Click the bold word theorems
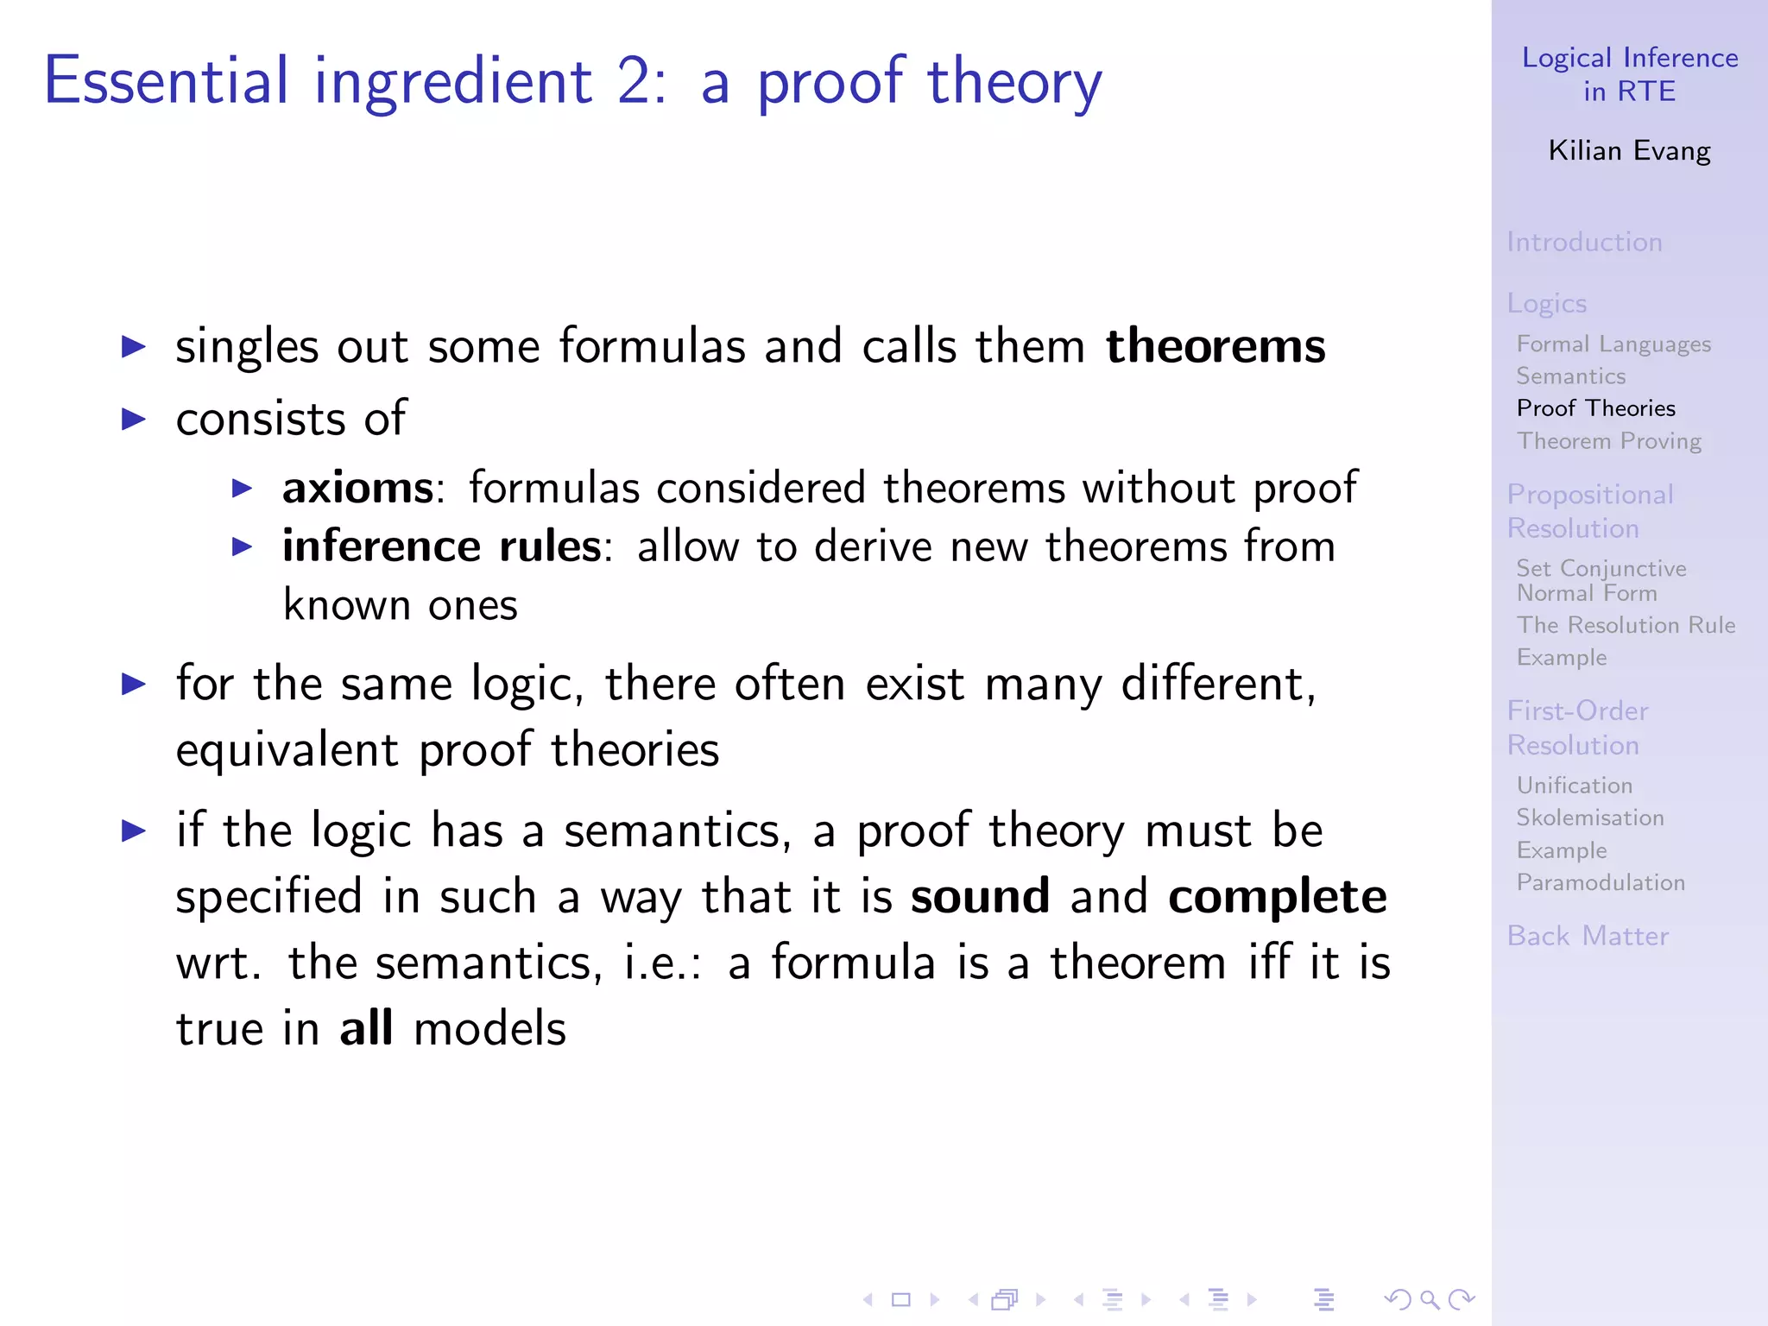[x=1215, y=347]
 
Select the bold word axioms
[x=357, y=489]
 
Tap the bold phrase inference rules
[x=441, y=547]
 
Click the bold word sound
[x=980, y=897]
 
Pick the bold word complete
[x=1277, y=897]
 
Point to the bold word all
[x=366, y=1029]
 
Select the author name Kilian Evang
[x=1629, y=151]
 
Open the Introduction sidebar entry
[x=1584, y=243]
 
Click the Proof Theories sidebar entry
[x=1595, y=408]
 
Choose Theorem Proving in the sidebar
[x=1609, y=441]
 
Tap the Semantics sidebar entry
[x=1571, y=376]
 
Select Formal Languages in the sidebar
[x=1613, y=344]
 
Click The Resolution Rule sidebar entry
[x=1626, y=625]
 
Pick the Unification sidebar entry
[x=1575, y=786]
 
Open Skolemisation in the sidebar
[x=1590, y=818]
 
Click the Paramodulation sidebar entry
[x=1601, y=882]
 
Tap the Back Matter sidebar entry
[x=1588, y=937]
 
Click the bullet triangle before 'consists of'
[x=134, y=420]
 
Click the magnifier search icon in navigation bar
[x=1430, y=1299]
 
